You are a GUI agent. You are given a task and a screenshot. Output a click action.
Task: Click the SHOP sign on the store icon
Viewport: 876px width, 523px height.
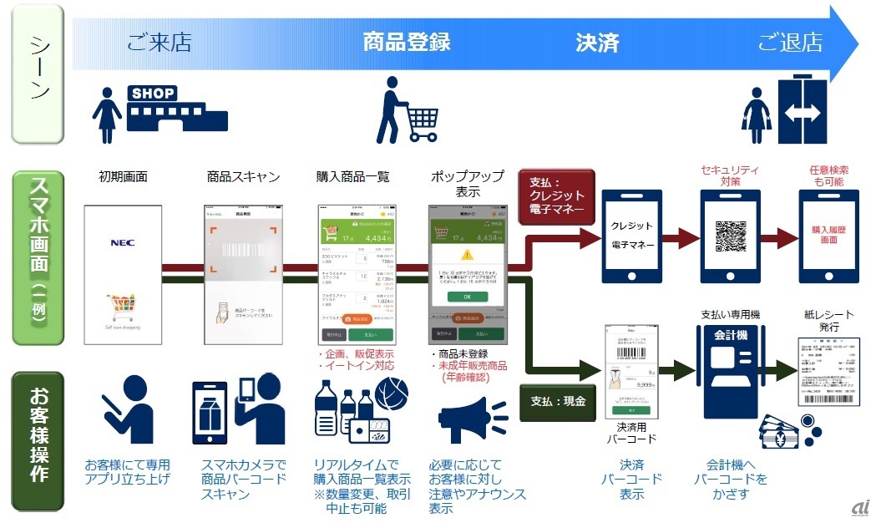[153, 94]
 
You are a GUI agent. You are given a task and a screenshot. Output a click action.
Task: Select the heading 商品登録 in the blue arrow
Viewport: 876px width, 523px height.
[407, 43]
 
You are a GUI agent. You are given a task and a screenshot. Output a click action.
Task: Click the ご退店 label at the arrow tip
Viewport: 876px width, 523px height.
[790, 43]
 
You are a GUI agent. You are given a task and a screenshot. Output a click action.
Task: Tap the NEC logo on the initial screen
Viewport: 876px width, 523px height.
[123, 243]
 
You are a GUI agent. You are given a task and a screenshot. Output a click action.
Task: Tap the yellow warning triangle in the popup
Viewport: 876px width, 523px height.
[468, 252]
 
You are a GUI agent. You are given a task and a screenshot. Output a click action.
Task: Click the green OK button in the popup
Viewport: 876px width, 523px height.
[468, 296]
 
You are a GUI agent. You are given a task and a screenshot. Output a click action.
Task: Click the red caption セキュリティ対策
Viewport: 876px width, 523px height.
[732, 175]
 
